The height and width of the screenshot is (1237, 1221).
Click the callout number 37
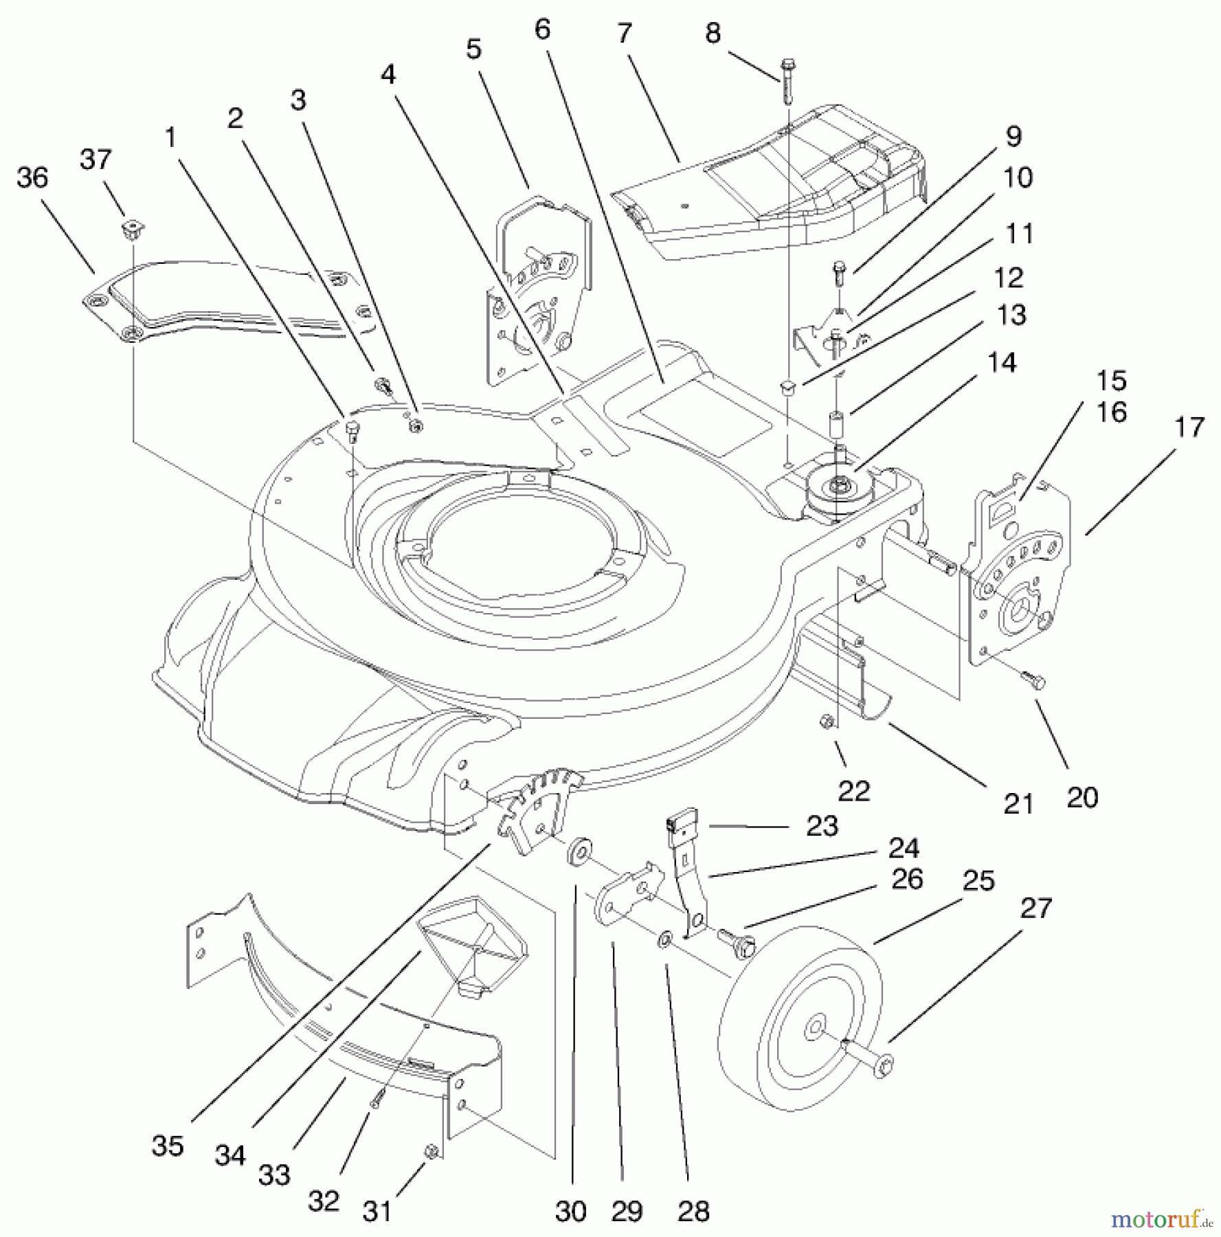(x=95, y=159)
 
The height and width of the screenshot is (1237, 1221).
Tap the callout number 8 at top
(x=713, y=33)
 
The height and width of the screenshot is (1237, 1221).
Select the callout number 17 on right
(x=1189, y=427)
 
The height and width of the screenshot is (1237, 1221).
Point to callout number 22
(x=853, y=791)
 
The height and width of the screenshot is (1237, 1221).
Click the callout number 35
(x=168, y=1146)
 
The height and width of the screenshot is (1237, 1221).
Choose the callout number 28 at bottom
(x=693, y=1211)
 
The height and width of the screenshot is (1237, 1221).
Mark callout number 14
(x=1002, y=362)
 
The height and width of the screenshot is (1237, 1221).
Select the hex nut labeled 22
(x=827, y=721)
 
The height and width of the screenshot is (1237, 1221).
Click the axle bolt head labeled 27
(x=885, y=1067)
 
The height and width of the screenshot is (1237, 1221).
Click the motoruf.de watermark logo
(x=1161, y=1218)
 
